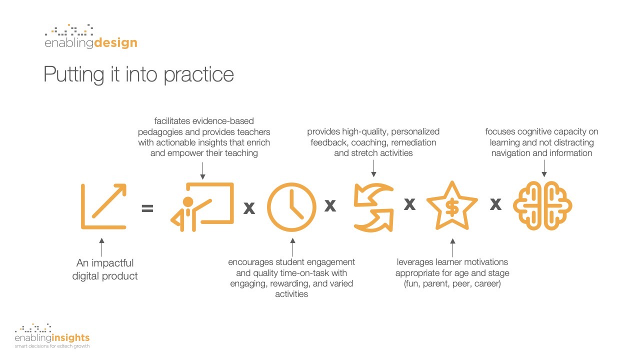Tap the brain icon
click(x=542, y=206)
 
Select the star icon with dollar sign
click(x=452, y=206)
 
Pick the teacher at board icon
click(x=203, y=206)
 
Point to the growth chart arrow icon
click(x=103, y=206)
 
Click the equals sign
click(x=147, y=208)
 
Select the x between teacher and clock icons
click(x=249, y=208)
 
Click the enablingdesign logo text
click(x=90, y=43)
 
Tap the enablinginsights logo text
click(x=52, y=338)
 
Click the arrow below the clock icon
click(x=292, y=247)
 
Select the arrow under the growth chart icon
click(x=102, y=247)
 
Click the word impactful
click(x=112, y=263)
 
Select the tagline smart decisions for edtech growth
click(x=52, y=346)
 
